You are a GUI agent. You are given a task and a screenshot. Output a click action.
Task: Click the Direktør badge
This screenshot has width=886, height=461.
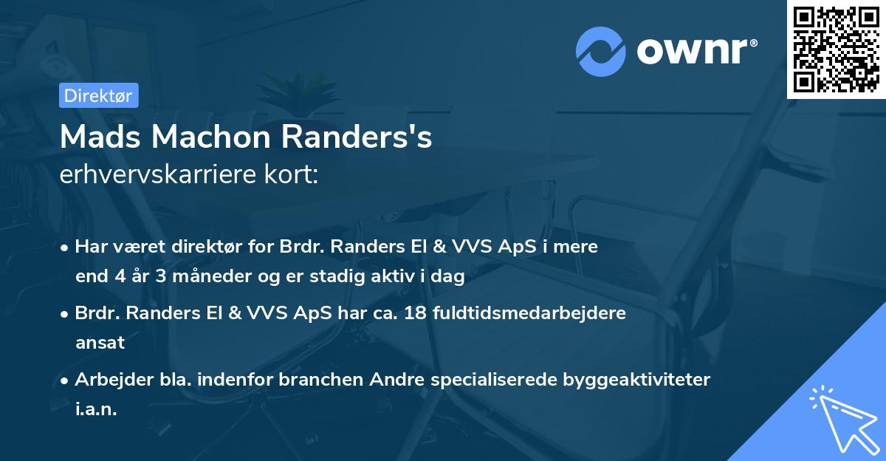click(x=97, y=95)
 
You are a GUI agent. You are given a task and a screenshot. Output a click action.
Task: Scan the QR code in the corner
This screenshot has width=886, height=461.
click(x=837, y=49)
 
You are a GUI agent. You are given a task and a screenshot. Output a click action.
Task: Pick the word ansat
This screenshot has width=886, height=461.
click(x=100, y=343)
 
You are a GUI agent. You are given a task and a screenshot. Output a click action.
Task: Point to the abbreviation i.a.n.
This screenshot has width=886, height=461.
click(x=96, y=409)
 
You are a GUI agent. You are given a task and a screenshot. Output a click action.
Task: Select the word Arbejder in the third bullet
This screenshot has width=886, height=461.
click(x=108, y=380)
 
